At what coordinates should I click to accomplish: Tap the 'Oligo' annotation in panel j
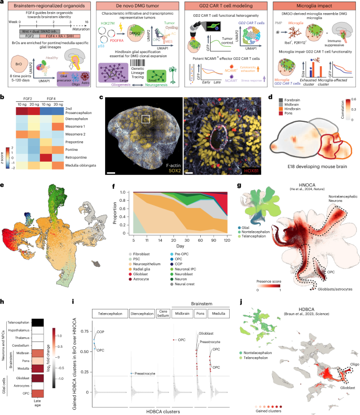coord(347,368)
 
